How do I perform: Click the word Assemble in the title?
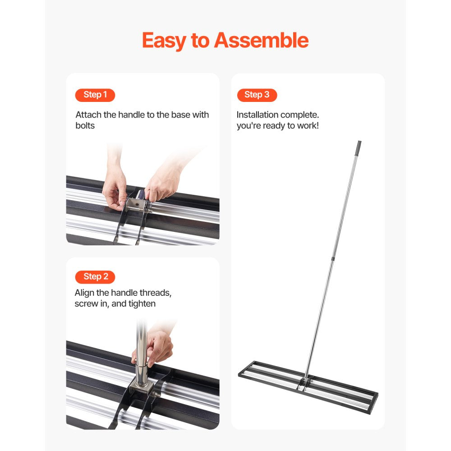pyautogui.click(x=261, y=41)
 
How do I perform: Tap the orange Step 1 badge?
pyautogui.click(x=95, y=95)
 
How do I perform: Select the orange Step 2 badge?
pyautogui.click(x=95, y=276)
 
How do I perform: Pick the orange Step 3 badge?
pyautogui.click(x=257, y=95)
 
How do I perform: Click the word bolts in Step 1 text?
pyautogui.click(x=85, y=125)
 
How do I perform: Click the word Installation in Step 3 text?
pyautogui.click(x=258, y=115)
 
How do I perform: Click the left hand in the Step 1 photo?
pyautogui.click(x=114, y=189)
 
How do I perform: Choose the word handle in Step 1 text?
pyautogui.click(x=131, y=115)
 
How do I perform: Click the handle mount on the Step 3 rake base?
pyautogui.click(x=306, y=382)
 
